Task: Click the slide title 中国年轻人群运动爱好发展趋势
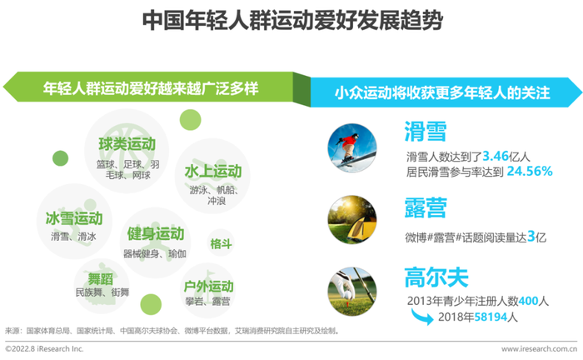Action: pyautogui.click(x=292, y=20)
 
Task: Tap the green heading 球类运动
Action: pyautogui.click(x=127, y=144)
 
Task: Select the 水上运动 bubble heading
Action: pyautogui.click(x=213, y=172)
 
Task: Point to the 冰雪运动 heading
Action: pyautogui.click(x=74, y=218)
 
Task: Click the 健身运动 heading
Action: pyautogui.click(x=156, y=234)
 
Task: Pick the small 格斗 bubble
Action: pyautogui.click(x=221, y=243)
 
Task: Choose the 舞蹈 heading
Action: pyautogui.click(x=101, y=279)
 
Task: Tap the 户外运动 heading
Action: pyautogui.click(x=208, y=287)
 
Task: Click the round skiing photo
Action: pyautogui.click(x=351, y=147)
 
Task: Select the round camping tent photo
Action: pyautogui.click(x=352, y=219)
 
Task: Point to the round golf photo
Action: pyautogui.click(x=352, y=292)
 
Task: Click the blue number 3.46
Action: pyautogui.click(x=496, y=156)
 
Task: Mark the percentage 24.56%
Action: pyautogui.click(x=530, y=171)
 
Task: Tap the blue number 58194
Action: pyautogui.click(x=491, y=317)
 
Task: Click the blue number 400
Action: pyautogui.click(x=528, y=301)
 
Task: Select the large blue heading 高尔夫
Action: pyautogui.click(x=436, y=277)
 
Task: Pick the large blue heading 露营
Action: pyautogui.click(x=426, y=207)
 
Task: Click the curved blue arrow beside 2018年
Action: pyautogui.click(x=422, y=317)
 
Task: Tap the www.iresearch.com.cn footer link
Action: pyautogui.click(x=539, y=349)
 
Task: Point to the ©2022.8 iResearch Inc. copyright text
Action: pyautogui.click(x=44, y=349)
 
